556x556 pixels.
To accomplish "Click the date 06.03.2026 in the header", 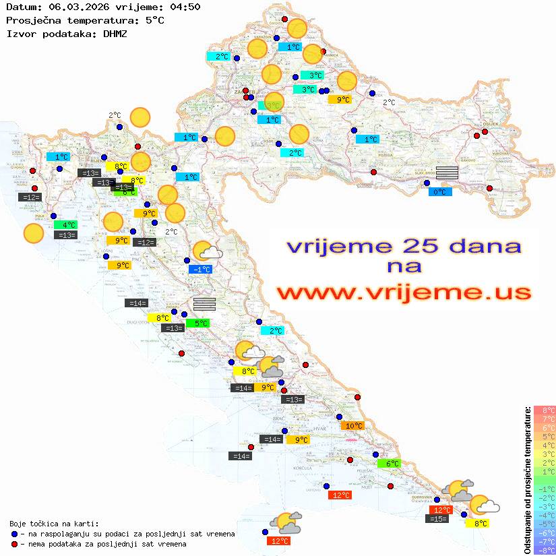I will [x=80, y=7].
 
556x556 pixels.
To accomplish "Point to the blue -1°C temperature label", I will [x=202, y=270].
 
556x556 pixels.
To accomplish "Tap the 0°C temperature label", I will [x=440, y=192].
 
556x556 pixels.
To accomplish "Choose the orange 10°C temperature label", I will [x=353, y=426].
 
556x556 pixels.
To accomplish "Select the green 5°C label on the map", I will [x=199, y=323].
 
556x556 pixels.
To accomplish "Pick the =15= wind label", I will [x=437, y=519].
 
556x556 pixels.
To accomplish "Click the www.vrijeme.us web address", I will [x=403, y=292].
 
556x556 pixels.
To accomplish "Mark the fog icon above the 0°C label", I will [x=447, y=173].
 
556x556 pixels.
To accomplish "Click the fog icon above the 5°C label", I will [x=204, y=304].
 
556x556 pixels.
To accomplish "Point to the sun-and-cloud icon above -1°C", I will [x=208, y=252].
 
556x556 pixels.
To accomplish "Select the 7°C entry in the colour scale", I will [x=545, y=419].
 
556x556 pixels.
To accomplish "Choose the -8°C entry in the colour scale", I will [x=544, y=551].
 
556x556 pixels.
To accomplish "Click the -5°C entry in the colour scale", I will [x=544, y=524].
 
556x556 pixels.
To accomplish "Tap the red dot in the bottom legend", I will [x=14, y=544].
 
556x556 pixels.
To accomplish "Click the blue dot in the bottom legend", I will [x=14, y=534].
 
